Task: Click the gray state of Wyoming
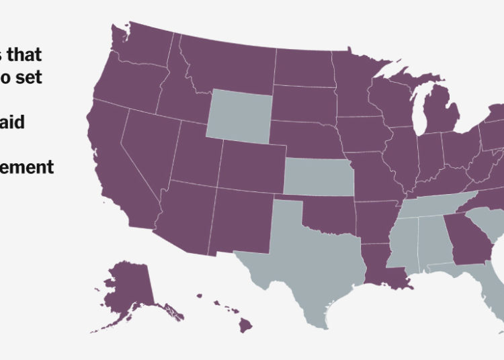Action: click(240, 116)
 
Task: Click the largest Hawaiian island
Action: click(246, 326)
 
